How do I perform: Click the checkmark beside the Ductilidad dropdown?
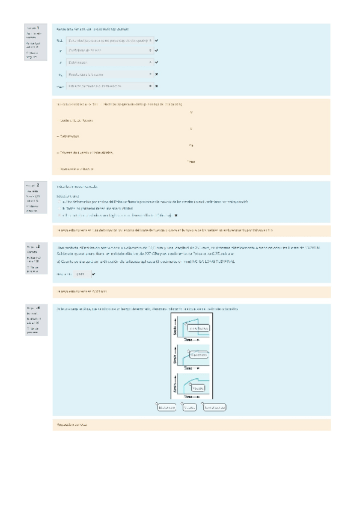tap(156, 40)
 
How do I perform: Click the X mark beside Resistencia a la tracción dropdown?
tap(156, 74)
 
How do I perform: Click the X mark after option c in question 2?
tap(175, 214)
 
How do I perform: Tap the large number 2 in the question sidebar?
tap(38, 185)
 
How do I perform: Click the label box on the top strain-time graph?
tap(199, 328)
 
